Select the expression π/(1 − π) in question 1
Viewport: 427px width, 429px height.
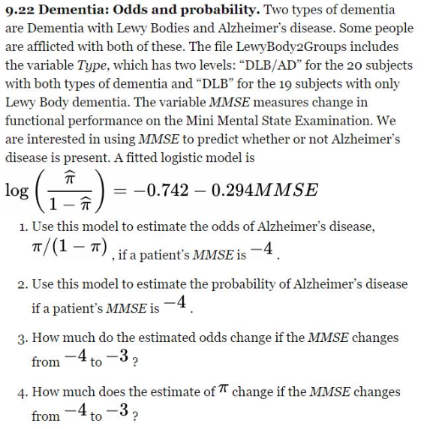62,247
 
